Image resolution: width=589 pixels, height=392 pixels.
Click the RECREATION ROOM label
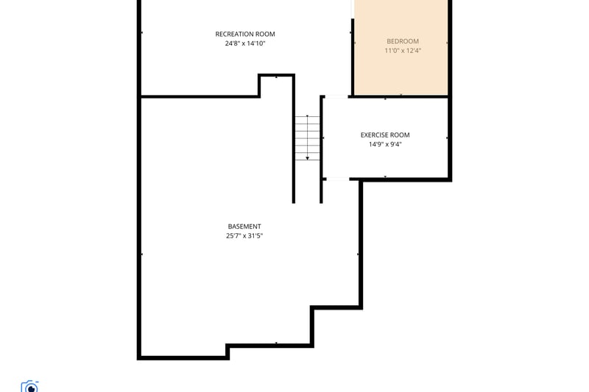[245, 34]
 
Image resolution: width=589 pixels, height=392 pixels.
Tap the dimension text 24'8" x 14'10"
[245, 43]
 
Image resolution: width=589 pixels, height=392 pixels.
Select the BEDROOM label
[403, 41]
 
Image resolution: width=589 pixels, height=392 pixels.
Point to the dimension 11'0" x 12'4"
[403, 51]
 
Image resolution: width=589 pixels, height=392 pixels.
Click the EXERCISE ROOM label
[385, 135]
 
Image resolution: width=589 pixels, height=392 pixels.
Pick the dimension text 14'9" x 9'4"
[385, 144]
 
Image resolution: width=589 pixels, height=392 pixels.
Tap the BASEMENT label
[244, 227]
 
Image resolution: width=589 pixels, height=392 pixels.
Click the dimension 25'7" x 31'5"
[244, 236]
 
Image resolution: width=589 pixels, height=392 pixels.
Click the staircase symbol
[307, 138]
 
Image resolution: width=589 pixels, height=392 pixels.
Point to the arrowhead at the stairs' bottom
[307, 158]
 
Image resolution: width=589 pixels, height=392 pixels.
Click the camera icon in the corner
[29, 386]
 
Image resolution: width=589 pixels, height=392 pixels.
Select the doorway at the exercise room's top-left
[336, 97]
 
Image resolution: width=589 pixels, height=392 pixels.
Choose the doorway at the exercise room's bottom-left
[337, 179]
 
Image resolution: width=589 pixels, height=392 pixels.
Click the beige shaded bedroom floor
[401, 71]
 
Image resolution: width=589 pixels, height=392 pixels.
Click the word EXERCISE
[374, 135]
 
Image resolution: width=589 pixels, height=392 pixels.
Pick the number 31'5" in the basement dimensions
[255, 236]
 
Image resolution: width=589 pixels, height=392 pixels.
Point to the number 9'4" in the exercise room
[395, 144]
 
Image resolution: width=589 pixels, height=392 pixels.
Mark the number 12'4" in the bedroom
[413, 51]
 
